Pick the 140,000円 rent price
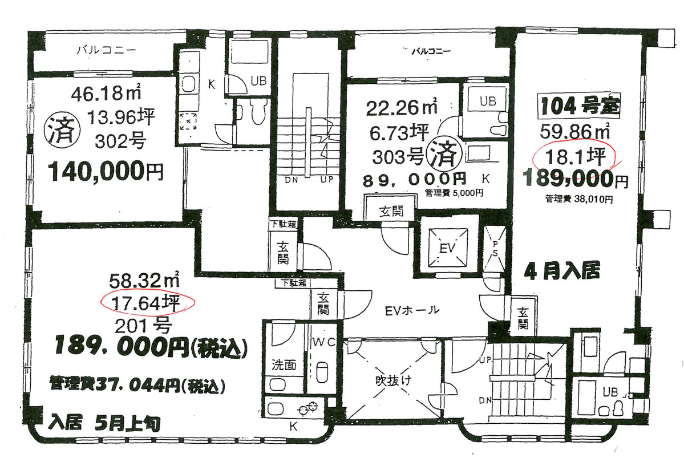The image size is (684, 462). point(107,171)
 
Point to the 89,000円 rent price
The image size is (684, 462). point(414,179)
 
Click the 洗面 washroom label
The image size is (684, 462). point(283,364)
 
